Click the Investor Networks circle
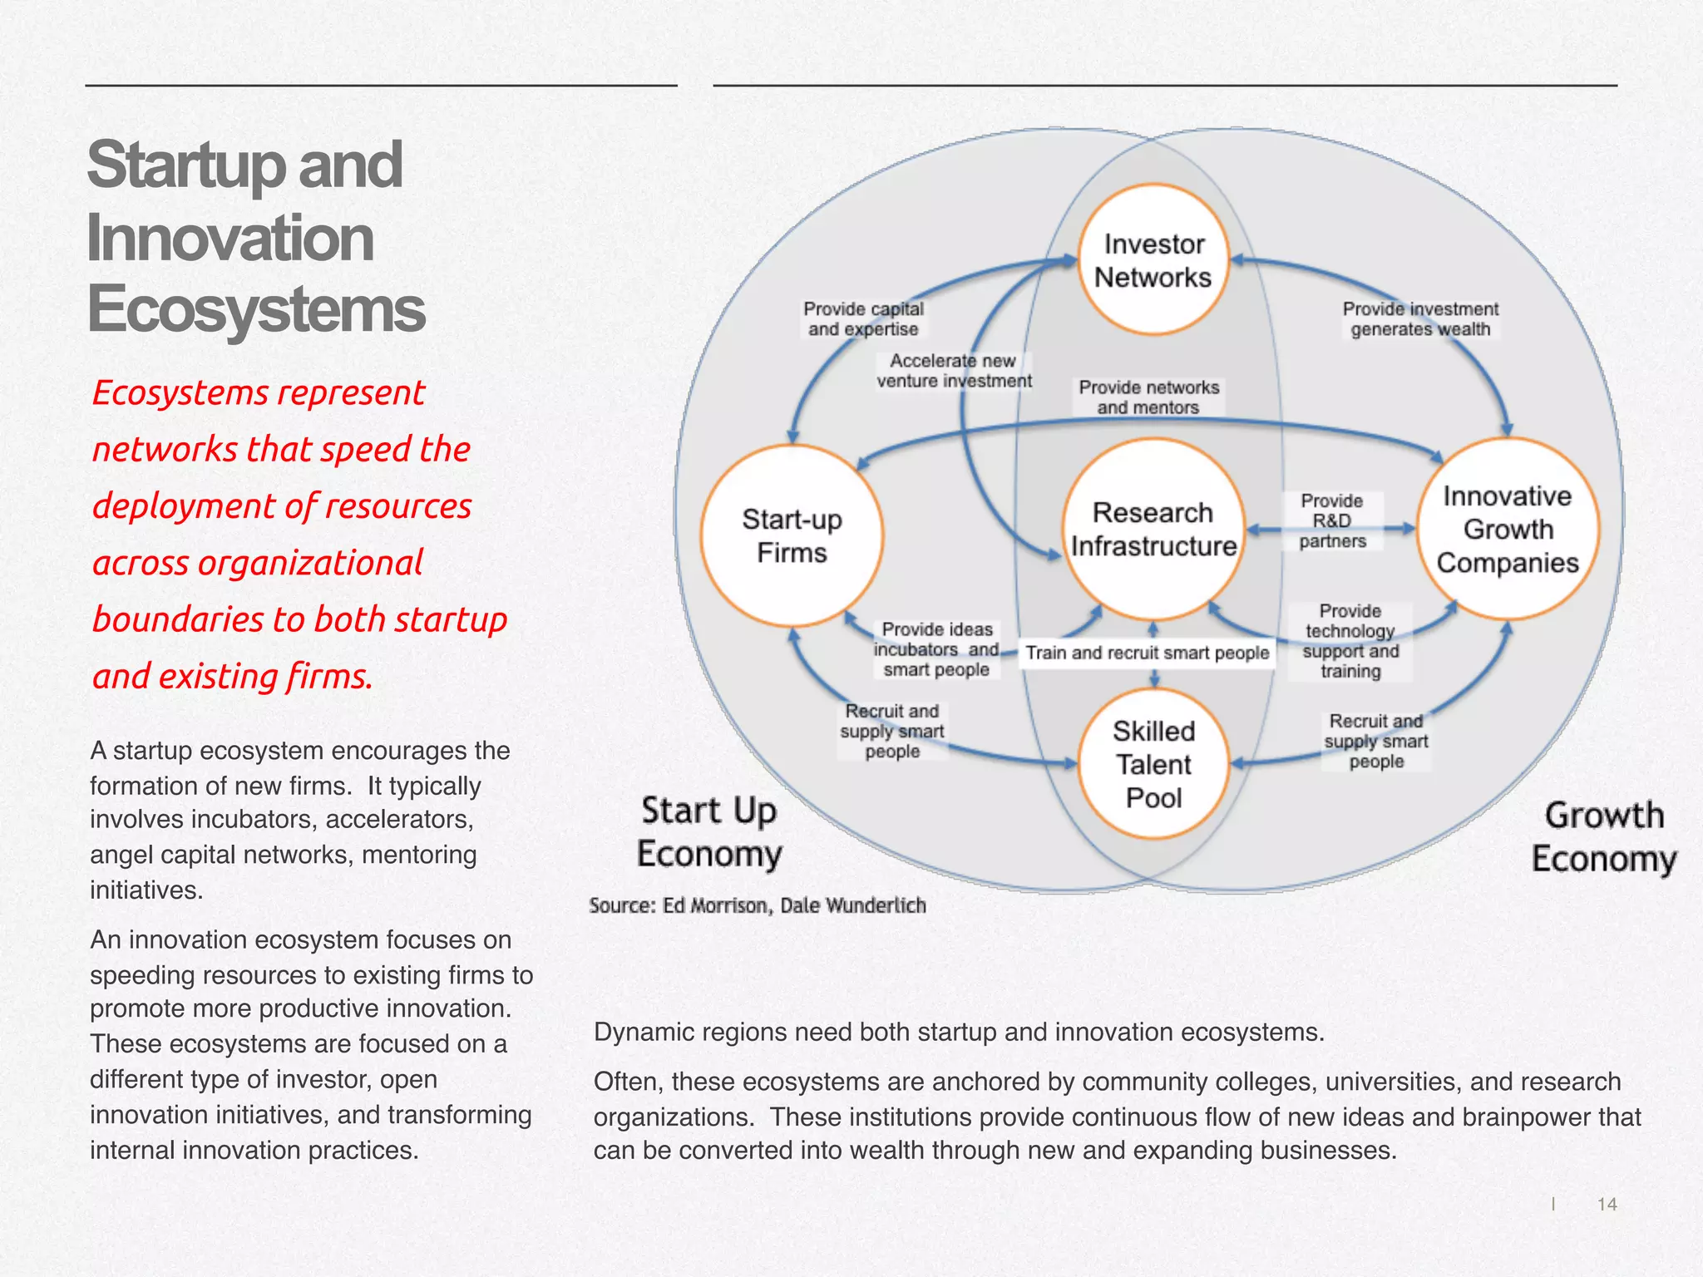tap(1153, 260)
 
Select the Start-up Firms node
tap(792, 536)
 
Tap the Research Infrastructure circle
tap(1153, 530)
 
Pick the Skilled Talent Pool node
tap(1153, 764)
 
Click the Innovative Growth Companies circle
tap(1507, 530)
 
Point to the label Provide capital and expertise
tap(863, 319)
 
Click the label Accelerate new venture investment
tap(953, 371)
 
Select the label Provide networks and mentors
tap(1148, 397)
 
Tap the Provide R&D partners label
tap(1332, 521)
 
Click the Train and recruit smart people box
tap(1147, 653)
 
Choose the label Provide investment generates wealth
tap(1420, 319)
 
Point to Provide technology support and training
tap(1350, 641)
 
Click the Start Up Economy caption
tap(709, 832)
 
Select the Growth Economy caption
tap(1604, 837)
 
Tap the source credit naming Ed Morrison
tap(757, 905)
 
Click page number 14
tap(1607, 1204)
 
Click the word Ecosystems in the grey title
tap(256, 309)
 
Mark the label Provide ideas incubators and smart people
tap(936, 649)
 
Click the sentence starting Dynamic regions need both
tap(958, 1033)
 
